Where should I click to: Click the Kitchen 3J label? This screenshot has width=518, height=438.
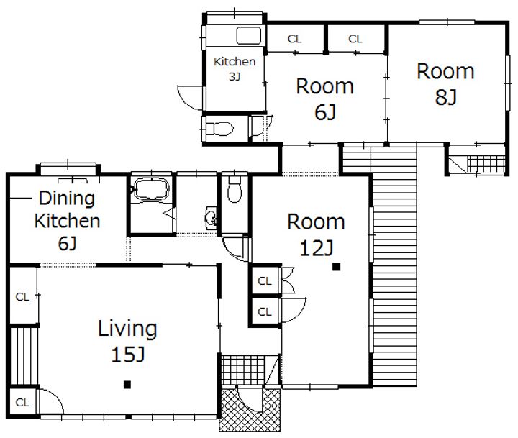(x=235, y=68)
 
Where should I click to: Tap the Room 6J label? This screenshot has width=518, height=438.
(x=325, y=99)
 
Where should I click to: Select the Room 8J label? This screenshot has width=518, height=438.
(x=445, y=84)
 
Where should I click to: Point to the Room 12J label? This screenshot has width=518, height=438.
(x=316, y=234)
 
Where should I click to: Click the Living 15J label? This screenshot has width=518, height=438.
(x=127, y=341)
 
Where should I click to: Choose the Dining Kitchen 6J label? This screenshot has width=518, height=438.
(x=67, y=221)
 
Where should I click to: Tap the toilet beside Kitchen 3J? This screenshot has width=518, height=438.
(x=219, y=129)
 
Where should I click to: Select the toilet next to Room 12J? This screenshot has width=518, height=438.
(x=235, y=189)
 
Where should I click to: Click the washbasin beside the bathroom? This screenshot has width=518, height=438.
(x=211, y=219)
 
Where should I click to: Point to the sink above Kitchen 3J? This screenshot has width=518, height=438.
(x=249, y=36)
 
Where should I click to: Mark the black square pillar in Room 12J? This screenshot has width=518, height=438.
(x=336, y=267)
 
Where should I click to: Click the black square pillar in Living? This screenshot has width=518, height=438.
(x=127, y=385)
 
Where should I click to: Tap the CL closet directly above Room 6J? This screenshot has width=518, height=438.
(x=295, y=39)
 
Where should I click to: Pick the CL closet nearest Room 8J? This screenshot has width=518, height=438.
(x=355, y=39)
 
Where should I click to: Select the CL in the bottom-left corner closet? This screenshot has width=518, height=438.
(x=22, y=402)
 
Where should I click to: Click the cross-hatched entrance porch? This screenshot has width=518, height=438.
(x=250, y=410)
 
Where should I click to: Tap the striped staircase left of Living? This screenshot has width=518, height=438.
(x=23, y=356)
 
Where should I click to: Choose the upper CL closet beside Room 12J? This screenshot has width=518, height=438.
(x=265, y=281)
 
